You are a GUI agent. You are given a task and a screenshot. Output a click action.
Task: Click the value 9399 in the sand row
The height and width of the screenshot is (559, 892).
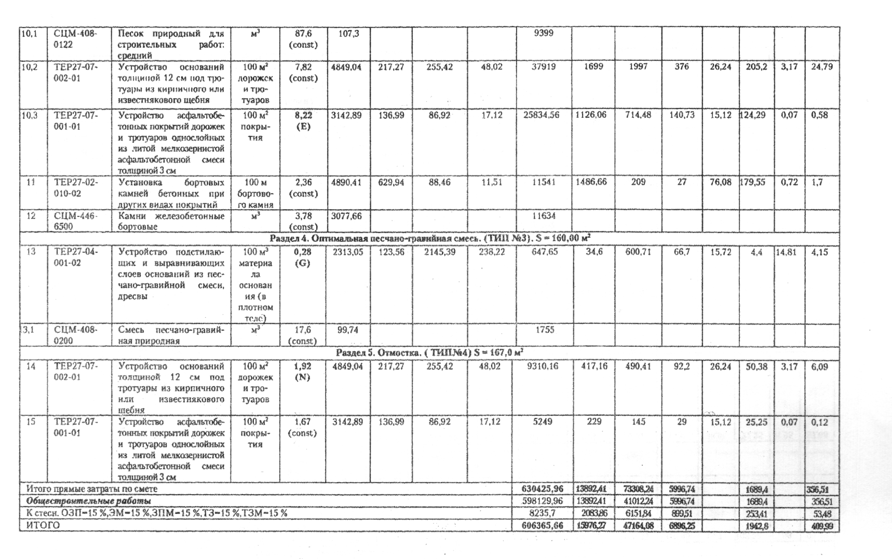pos(543,33)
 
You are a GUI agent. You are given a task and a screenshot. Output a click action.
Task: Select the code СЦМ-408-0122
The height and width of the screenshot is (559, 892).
pos(75,39)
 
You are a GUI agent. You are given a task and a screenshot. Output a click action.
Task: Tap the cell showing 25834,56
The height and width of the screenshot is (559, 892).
pos(543,115)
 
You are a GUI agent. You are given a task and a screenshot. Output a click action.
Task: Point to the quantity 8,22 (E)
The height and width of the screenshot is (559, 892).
pos(303,120)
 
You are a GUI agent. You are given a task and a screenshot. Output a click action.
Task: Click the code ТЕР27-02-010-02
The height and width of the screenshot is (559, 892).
pos(75,188)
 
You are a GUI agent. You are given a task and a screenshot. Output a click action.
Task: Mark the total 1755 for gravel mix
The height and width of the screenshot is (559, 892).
pos(544,330)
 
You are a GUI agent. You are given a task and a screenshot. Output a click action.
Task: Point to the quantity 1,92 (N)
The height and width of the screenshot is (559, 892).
pos(303,372)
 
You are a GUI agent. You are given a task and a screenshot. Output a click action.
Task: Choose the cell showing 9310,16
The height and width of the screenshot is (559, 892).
pos(543,366)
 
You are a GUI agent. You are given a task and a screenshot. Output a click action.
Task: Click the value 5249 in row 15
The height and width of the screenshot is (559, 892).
pos(543,422)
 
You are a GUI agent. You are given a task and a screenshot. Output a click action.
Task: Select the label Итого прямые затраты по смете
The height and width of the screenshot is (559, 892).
pos(92,489)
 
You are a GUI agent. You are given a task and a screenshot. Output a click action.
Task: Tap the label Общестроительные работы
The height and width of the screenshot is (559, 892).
pos(89,501)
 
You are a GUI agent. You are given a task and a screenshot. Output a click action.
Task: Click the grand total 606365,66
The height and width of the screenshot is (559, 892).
pos(543,526)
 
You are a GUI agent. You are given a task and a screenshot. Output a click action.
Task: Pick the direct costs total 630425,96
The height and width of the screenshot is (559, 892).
pos(543,489)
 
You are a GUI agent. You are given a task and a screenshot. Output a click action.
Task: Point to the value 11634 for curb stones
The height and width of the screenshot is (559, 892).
pos(543,216)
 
